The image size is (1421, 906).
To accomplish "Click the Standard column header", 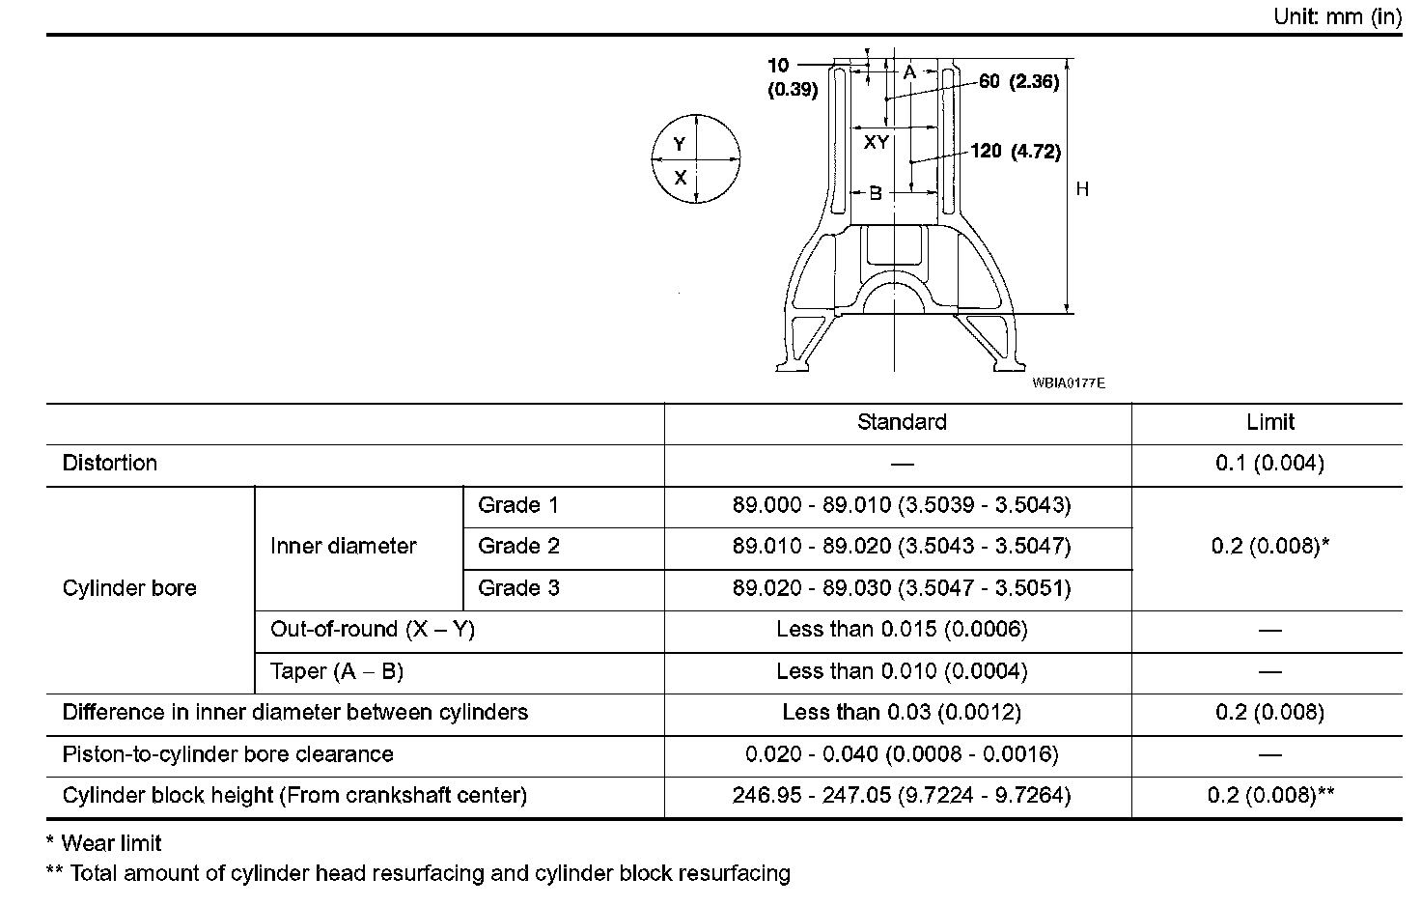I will coord(902,422).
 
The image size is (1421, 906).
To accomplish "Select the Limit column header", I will coord(1269,422).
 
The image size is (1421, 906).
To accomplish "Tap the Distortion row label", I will coord(109,464).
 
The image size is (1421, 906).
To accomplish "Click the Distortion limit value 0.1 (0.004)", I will coord(1269,464).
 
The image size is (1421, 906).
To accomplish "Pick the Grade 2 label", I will coord(518,547).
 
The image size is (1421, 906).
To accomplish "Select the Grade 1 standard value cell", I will coord(902,505).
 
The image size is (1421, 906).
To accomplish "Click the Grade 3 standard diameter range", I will coord(902,588).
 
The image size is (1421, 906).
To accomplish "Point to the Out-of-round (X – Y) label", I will coord(373,630).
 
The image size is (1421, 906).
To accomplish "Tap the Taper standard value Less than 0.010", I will coord(902,671).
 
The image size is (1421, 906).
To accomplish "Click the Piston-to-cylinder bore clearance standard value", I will coord(902,754).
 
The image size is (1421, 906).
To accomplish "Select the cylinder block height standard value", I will coord(902,796).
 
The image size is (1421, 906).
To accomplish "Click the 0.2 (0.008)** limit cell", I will coord(1270,796).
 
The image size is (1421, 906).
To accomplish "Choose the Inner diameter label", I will coord(343,547).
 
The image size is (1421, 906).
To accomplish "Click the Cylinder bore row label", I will coord(129,588).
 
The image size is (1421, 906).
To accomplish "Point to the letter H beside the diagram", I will coord(1082,189).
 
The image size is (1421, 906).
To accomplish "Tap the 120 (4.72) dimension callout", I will coord(1016,152).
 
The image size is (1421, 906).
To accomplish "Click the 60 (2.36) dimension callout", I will coord(1018,82).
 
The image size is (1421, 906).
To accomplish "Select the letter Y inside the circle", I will coord(680,144).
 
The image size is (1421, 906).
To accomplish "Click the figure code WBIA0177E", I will coord(1068,383).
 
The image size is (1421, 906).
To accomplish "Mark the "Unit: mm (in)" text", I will coord(1337,17).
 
